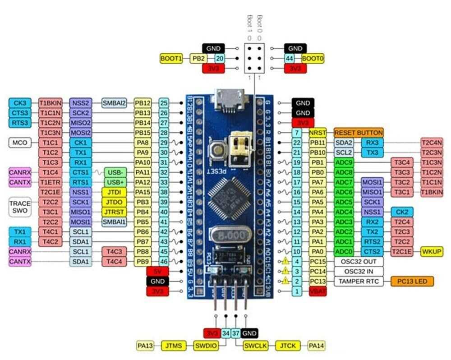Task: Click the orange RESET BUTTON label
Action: [359, 133]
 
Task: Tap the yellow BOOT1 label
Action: [171, 58]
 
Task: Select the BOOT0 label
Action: [313, 58]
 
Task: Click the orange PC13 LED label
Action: [412, 282]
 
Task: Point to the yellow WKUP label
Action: [431, 251]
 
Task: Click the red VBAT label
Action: [318, 291]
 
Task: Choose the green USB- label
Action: [115, 172]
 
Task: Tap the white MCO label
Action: [20, 143]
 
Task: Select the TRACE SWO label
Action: [20, 207]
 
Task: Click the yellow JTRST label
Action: [114, 212]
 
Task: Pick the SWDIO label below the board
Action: [206, 346]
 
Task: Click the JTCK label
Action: [287, 346]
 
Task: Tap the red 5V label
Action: [157, 271]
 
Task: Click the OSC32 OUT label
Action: [359, 262]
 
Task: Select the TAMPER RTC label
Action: [359, 282]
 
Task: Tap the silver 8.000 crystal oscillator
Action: [229, 235]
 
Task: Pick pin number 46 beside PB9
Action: [164, 261]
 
